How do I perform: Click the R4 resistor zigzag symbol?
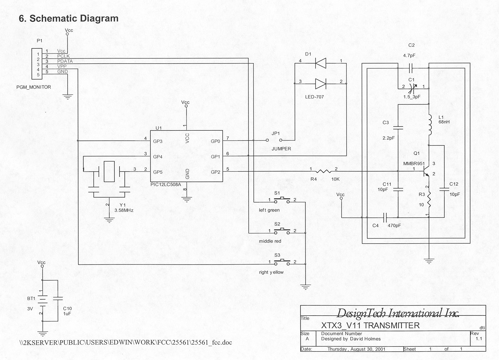[323, 171]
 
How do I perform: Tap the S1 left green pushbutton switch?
[282, 200]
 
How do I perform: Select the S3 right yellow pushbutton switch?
[282, 262]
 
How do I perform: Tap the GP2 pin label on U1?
[215, 172]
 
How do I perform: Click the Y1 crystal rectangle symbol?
[109, 171]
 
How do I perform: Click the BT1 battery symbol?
[42, 299]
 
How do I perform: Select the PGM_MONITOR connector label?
[33, 87]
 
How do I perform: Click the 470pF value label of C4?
[394, 226]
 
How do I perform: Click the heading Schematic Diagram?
[74, 18]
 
